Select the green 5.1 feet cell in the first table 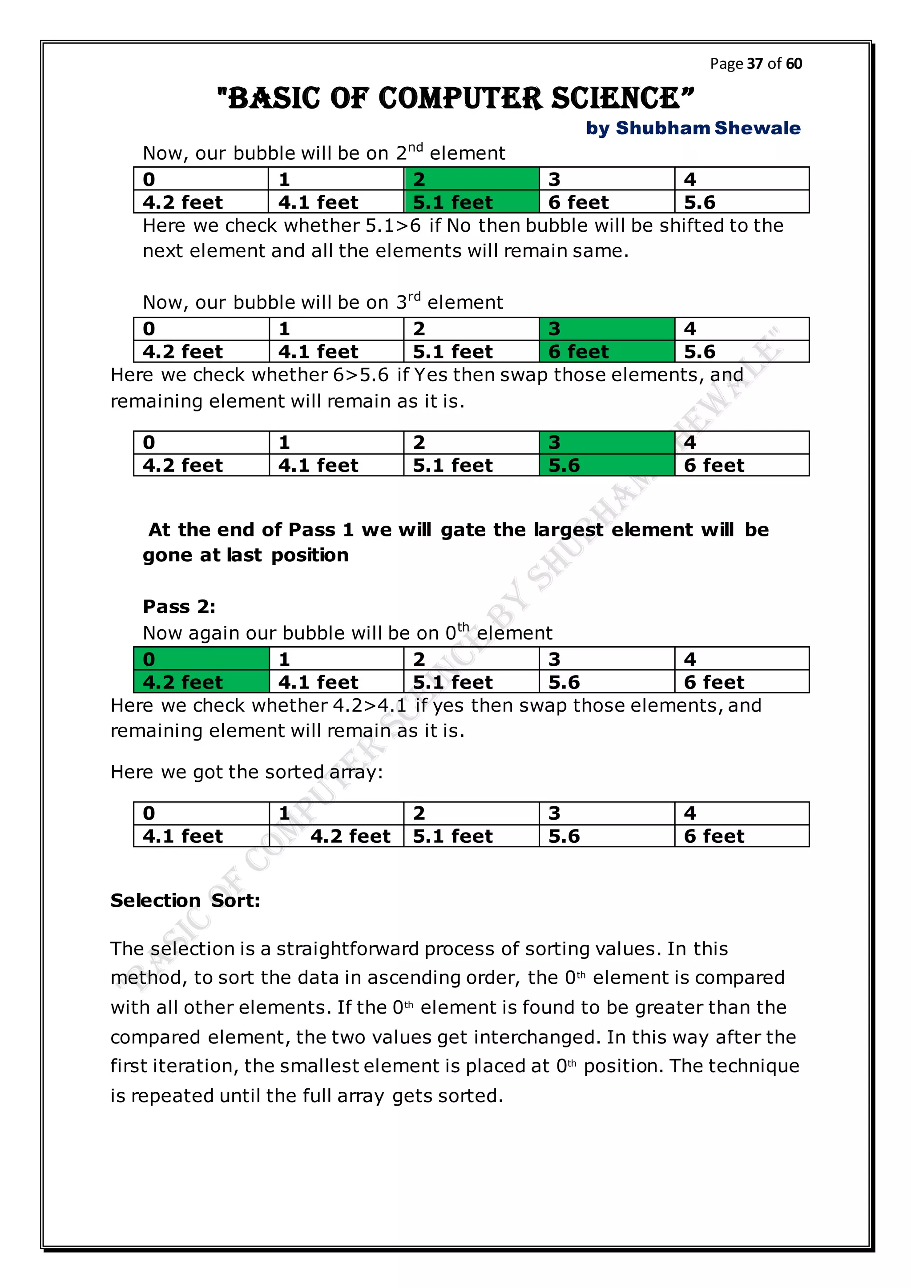point(471,202)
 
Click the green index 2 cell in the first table point(471,179)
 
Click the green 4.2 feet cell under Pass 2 point(201,682)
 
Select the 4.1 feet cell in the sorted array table point(201,836)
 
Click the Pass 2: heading point(179,606)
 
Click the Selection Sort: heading point(185,900)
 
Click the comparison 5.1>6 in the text point(393,225)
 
